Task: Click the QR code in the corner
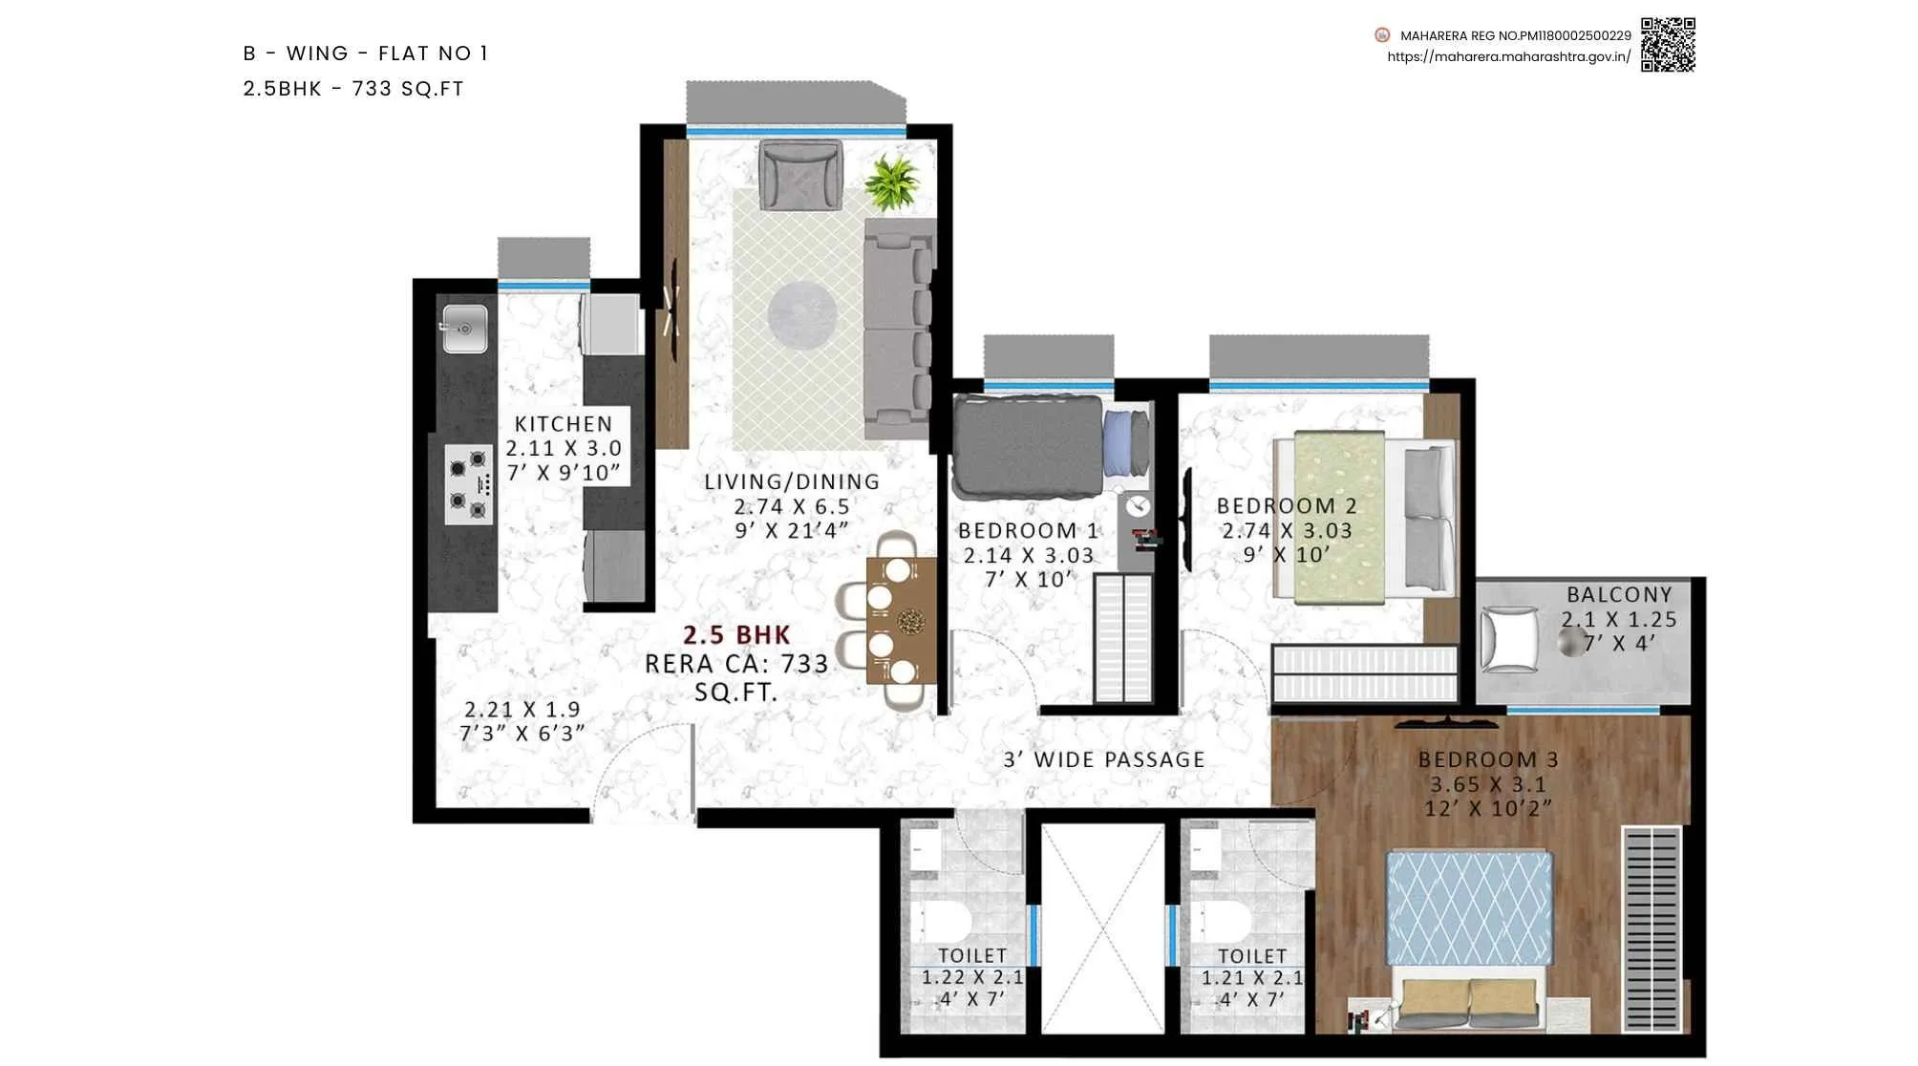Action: point(1668,44)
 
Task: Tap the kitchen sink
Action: point(465,329)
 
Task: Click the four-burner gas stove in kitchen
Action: point(469,484)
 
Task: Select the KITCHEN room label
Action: point(564,424)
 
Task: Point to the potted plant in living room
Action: point(891,182)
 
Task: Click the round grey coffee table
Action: point(802,314)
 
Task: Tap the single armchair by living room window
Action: point(800,174)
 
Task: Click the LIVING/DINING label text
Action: point(792,482)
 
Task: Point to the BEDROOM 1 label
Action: point(1029,531)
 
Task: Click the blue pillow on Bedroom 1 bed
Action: point(1119,443)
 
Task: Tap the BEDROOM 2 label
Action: point(1287,506)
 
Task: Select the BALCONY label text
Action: point(1619,595)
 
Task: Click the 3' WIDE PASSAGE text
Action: point(1104,760)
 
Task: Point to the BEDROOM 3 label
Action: point(1488,760)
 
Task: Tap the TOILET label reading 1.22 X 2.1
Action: point(972,956)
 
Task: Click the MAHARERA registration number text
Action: point(1515,35)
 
